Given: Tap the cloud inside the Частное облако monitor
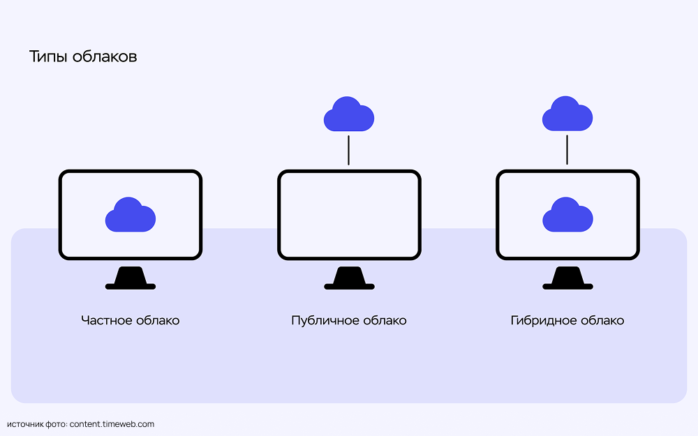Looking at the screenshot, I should pos(130,215).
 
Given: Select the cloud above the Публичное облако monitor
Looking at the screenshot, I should pos(348,114).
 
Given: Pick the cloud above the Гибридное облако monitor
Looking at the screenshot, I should pos(567,114).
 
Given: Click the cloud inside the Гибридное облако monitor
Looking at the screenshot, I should pos(567,215).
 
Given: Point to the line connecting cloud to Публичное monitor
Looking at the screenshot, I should pos(348,150).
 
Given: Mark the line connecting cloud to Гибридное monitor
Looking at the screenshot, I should pos(567,150).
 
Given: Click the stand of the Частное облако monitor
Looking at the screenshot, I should pos(130,278).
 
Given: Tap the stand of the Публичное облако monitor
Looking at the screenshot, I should pos(349,278).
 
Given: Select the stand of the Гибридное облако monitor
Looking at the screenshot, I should pos(567,278).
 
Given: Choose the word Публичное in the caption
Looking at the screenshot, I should pos(325,321).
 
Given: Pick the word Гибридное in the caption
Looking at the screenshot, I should pos(543,321).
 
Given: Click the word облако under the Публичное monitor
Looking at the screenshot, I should pos(384,321).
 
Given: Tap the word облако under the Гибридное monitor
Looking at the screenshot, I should pos(602,321).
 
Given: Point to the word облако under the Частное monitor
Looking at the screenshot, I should pos(156,321).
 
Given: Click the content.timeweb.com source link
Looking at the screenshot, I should pos(112,424).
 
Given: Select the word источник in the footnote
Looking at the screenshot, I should pos(25,424).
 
